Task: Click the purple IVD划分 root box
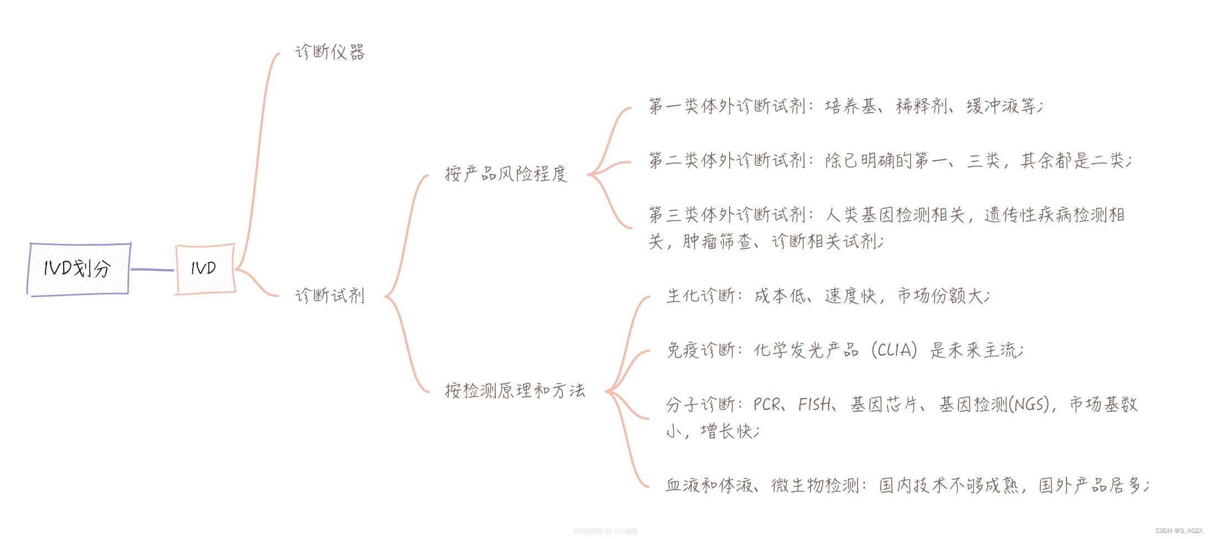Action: point(78,269)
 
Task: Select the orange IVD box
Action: point(205,269)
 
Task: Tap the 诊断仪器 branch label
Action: point(330,53)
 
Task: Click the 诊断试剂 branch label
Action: point(330,296)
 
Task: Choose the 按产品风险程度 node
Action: point(506,174)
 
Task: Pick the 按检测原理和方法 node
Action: point(515,390)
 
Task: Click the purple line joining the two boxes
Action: point(152,270)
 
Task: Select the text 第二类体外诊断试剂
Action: point(727,161)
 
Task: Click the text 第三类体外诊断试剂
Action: point(727,215)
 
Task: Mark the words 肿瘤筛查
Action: point(717,242)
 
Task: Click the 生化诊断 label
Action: point(701,296)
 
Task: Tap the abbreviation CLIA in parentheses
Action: point(894,350)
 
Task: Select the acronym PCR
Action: point(767,405)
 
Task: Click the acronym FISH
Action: point(814,405)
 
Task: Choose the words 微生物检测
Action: point(814,486)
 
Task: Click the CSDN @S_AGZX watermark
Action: point(1179,531)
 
